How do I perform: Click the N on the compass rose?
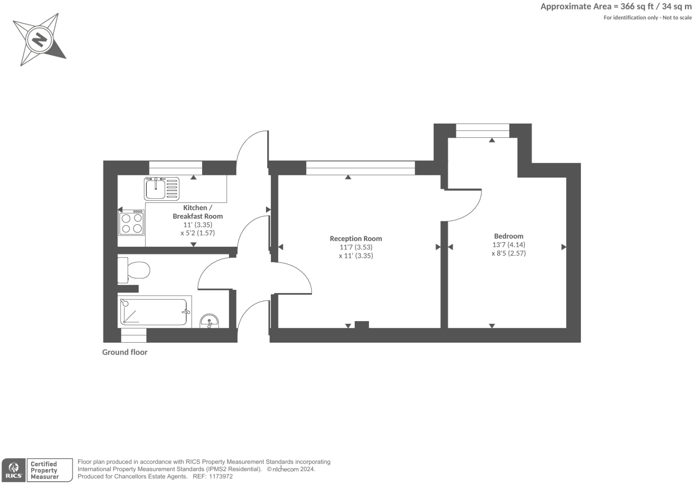(x=40, y=40)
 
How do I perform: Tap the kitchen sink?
(x=162, y=189)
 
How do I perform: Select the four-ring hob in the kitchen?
(x=132, y=223)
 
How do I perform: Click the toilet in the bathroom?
(x=134, y=270)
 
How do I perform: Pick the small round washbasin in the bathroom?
(x=209, y=321)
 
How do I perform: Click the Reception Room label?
(x=356, y=239)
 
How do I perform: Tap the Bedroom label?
(x=509, y=236)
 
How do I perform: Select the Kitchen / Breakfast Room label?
(x=198, y=212)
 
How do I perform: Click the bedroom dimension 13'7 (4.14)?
(x=509, y=244)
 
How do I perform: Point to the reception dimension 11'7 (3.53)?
(x=356, y=247)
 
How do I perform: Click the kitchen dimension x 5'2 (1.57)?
(x=198, y=233)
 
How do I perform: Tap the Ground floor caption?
(x=124, y=352)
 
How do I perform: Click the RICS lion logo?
(x=14, y=470)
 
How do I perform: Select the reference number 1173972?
(x=220, y=476)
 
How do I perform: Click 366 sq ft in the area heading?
(x=637, y=7)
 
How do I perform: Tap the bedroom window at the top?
(x=483, y=131)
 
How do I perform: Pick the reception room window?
(x=361, y=168)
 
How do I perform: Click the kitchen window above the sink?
(x=175, y=168)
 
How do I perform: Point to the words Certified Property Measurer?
(x=44, y=470)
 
